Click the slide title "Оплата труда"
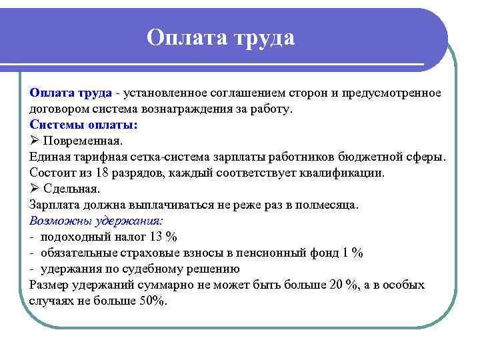[x=221, y=37]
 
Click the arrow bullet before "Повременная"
[x=35, y=141]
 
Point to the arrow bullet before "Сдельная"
[x=35, y=189]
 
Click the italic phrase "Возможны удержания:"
[x=97, y=221]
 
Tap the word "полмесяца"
[x=327, y=205]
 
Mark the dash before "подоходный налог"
[x=32, y=237]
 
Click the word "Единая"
[x=49, y=157]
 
